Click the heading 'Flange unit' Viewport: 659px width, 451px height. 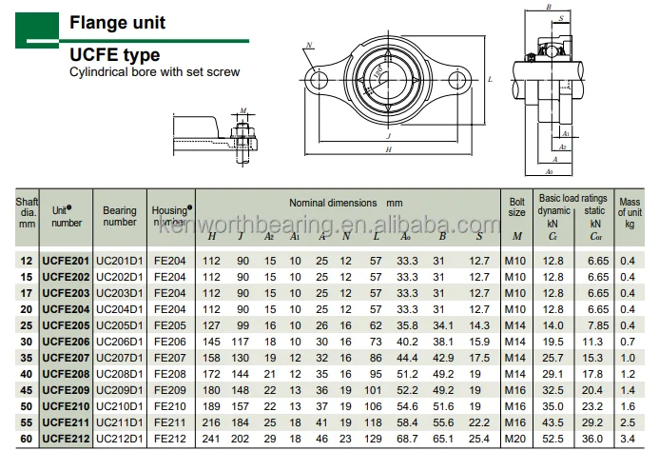[115, 24]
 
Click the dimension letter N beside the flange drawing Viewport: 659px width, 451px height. [309, 46]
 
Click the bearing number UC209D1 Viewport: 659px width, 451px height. [120, 388]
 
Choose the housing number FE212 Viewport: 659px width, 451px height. [169, 439]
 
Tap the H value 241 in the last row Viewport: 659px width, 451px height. [212, 439]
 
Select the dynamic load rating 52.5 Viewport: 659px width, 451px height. [552, 439]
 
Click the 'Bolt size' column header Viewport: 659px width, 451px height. [516, 206]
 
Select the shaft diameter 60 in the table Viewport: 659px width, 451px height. [26, 439]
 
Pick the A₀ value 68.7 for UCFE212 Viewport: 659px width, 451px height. [406, 439]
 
